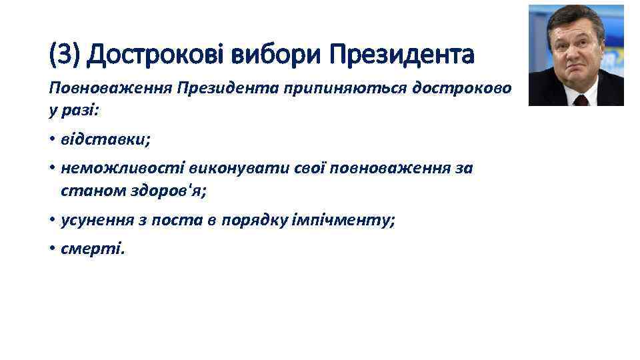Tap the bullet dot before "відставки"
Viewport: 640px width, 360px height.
click(52, 140)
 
